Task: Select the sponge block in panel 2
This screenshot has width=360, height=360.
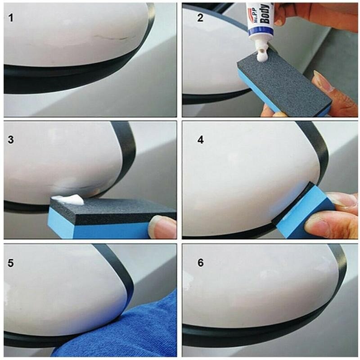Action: [283, 83]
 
